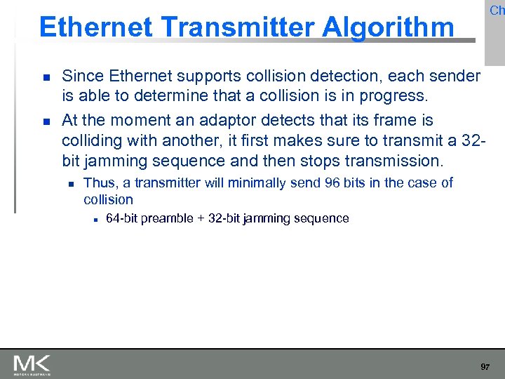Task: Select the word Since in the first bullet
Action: coord(82,76)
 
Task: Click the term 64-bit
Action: coord(121,218)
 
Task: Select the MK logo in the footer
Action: coord(32,365)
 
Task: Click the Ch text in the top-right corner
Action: coord(497,11)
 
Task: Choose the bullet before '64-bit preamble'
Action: coord(93,219)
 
